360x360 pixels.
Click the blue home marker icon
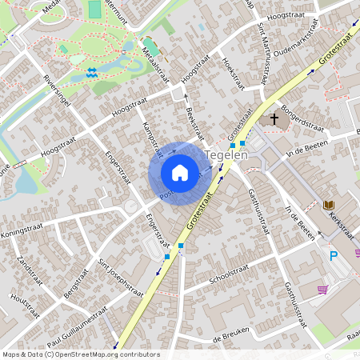coord(180,173)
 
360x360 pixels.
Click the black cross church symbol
coord(274,120)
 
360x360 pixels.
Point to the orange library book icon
coord(327,206)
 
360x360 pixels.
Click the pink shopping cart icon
coord(322,290)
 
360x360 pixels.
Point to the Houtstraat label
coord(25,306)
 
